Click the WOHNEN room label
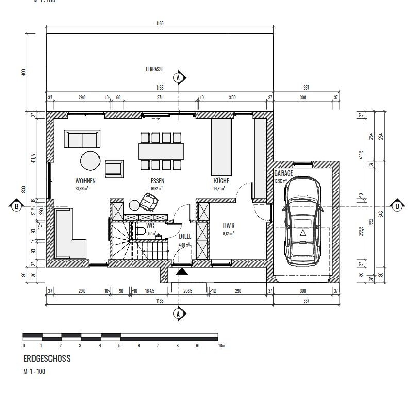click(x=85, y=181)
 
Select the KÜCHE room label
click(x=221, y=181)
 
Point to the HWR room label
click(x=228, y=225)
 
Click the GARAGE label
click(x=284, y=173)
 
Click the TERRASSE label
click(x=155, y=69)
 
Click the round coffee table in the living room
click(x=90, y=160)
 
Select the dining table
click(x=161, y=151)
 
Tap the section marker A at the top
click(x=179, y=77)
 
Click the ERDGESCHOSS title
click(x=47, y=359)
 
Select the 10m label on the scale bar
click(x=222, y=346)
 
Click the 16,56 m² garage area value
click(x=282, y=181)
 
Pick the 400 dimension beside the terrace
click(x=23, y=72)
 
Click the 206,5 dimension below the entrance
click(x=188, y=291)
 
